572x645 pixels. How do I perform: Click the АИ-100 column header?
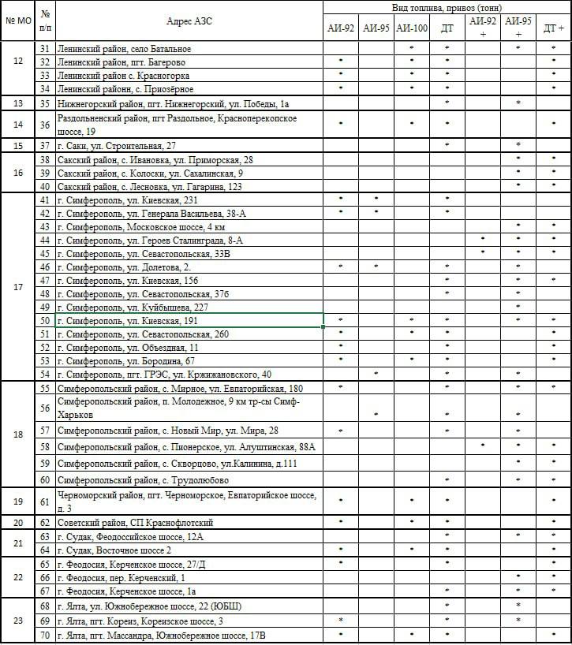(412, 28)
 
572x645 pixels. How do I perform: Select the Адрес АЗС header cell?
(189, 20)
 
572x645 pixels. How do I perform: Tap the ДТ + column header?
(554, 28)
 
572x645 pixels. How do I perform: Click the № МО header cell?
(17, 20)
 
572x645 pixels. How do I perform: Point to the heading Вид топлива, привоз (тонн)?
(447, 6)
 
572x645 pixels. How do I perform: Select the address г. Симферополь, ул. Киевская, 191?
(127, 321)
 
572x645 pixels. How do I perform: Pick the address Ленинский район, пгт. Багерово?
(114, 62)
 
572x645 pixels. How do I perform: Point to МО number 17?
(17, 287)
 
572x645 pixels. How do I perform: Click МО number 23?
(17, 620)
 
